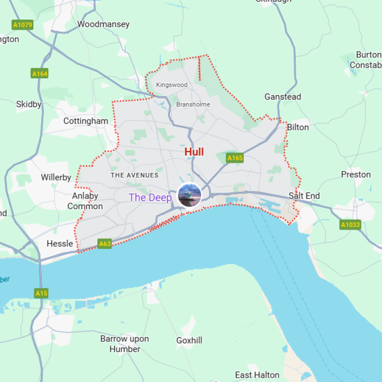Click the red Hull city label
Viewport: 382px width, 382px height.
[194, 152]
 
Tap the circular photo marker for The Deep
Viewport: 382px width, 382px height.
[189, 195]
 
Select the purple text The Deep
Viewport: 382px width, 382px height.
[150, 198]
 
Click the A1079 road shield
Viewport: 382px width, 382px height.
[23, 24]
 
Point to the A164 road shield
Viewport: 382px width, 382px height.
[40, 74]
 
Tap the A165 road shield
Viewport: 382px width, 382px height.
[235, 158]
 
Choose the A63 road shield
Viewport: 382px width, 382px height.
[105, 244]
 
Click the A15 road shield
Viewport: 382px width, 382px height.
[42, 293]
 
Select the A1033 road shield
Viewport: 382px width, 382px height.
[350, 224]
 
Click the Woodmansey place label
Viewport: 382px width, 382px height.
[103, 24]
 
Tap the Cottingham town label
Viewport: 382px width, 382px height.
[86, 121]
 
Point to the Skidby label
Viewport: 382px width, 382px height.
[29, 104]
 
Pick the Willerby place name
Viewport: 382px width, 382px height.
[56, 178]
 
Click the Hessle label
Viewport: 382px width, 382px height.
[60, 244]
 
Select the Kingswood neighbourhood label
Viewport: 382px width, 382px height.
[172, 85]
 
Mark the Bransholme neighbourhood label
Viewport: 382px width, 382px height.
[193, 104]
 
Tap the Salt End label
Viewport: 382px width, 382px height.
[304, 196]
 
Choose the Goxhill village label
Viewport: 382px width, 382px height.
[189, 340]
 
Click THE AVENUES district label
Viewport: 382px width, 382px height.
[135, 175]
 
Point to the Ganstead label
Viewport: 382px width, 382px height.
[283, 97]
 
